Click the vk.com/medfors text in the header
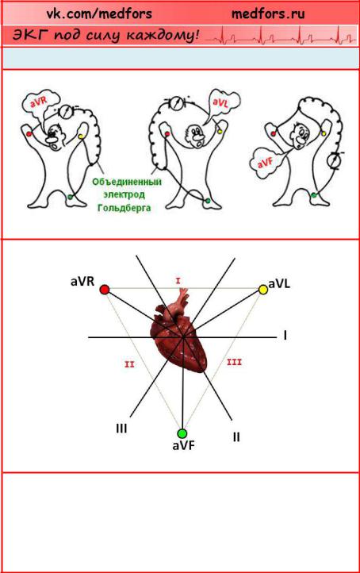click(x=99, y=13)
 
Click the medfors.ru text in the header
click(x=268, y=13)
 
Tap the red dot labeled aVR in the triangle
click(x=105, y=290)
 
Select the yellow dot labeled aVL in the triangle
click(x=263, y=290)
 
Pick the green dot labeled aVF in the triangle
click(x=182, y=433)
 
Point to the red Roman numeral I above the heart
click(x=178, y=281)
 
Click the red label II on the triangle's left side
click(x=129, y=364)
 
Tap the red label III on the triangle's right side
click(x=235, y=362)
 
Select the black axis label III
click(x=121, y=428)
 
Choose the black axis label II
click(x=236, y=436)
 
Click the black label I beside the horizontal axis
click(x=285, y=335)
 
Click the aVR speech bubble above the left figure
click(x=41, y=102)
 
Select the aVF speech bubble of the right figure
click(x=266, y=163)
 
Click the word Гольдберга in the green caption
click(x=124, y=208)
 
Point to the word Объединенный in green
click(x=127, y=182)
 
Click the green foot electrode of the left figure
click(x=70, y=197)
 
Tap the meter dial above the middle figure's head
click(x=177, y=102)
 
